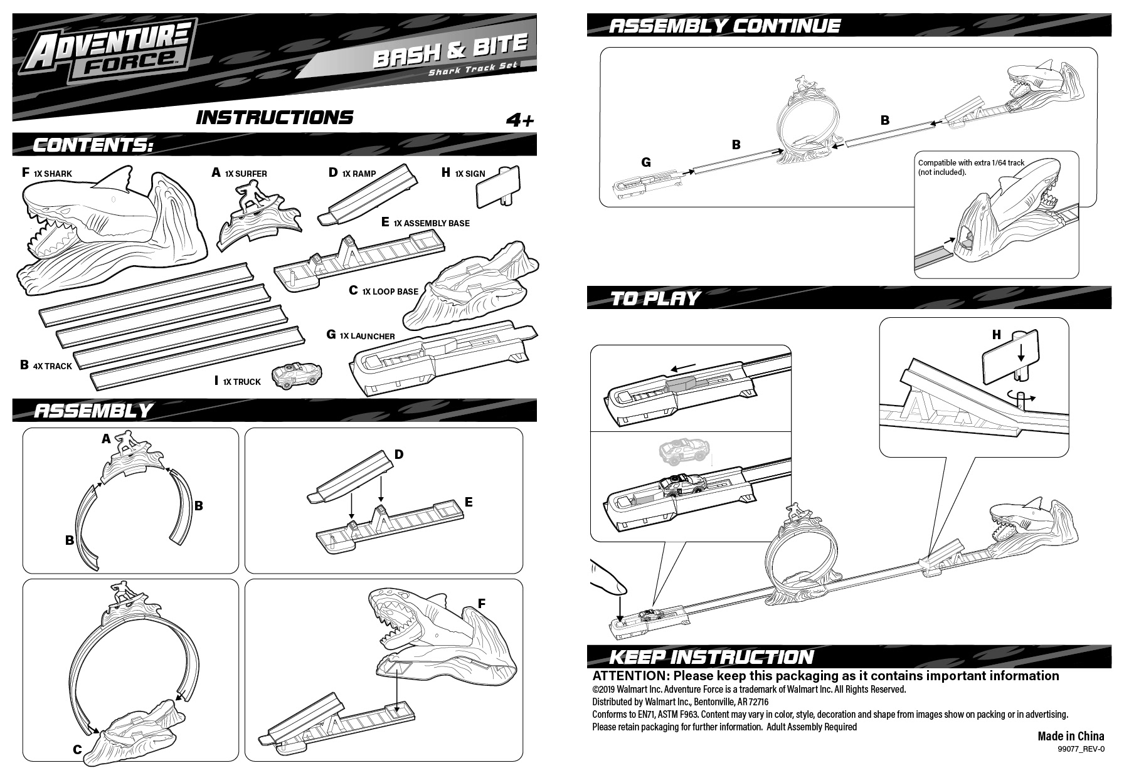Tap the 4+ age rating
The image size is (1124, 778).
click(520, 120)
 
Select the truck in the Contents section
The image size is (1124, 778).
click(294, 375)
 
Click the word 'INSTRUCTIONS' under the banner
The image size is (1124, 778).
click(275, 118)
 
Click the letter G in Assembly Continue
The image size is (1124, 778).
click(645, 162)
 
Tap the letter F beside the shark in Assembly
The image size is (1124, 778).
click(482, 604)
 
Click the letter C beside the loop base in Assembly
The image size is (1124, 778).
click(77, 749)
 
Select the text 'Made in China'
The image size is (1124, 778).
click(1071, 736)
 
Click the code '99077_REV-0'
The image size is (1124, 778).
click(1081, 749)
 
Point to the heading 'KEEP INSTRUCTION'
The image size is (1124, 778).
click(711, 657)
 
